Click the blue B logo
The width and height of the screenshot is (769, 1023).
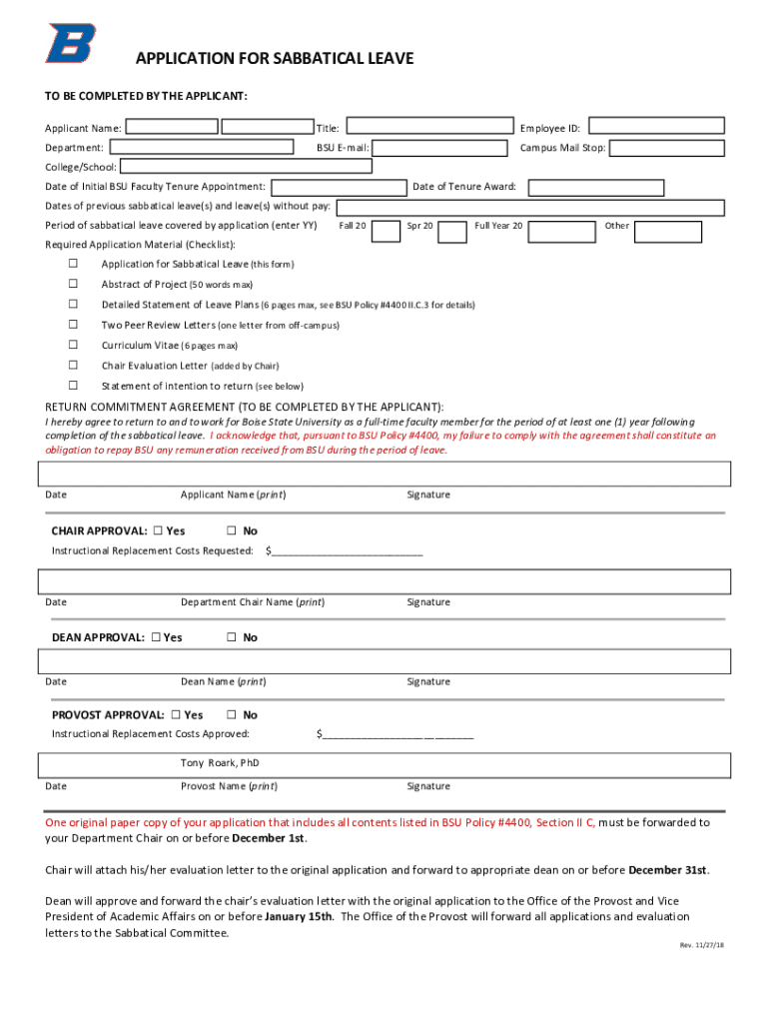click(70, 43)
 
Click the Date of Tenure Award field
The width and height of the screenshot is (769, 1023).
click(609, 187)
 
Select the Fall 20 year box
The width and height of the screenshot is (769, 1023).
click(384, 231)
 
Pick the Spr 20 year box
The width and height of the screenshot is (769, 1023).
click(452, 231)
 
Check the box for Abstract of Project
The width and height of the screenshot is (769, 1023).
click(73, 284)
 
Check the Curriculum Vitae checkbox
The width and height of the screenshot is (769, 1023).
click(73, 345)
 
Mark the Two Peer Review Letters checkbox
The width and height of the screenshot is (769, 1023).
click(73, 325)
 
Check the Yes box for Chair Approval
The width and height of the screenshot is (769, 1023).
click(158, 530)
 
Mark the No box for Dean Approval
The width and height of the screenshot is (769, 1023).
click(232, 637)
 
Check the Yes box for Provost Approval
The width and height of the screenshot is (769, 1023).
click(176, 715)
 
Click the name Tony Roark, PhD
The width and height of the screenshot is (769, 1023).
click(220, 762)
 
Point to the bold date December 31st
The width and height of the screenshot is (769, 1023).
click(668, 869)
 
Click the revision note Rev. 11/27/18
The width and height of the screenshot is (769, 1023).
click(702, 945)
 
